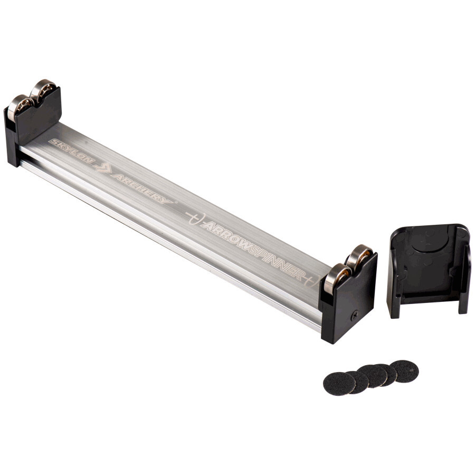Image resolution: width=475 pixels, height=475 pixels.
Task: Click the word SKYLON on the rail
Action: point(72,151)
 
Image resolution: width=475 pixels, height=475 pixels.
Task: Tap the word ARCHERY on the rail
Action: point(142,188)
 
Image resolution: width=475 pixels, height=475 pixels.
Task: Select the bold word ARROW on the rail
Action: point(226,233)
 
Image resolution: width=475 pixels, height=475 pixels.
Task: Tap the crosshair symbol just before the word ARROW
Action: point(196,217)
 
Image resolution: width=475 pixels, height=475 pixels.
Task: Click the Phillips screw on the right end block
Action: point(355,316)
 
